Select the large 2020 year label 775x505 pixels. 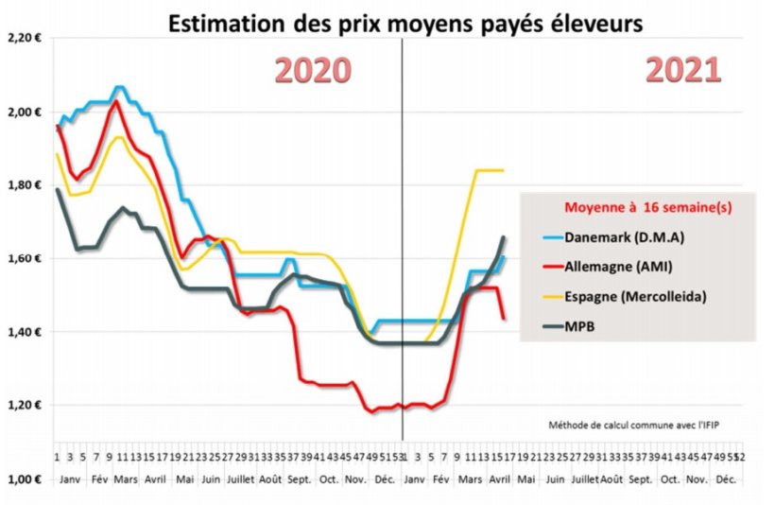click(312, 71)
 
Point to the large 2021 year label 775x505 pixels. click(683, 71)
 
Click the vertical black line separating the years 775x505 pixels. click(403, 236)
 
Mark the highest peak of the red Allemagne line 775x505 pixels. click(115, 100)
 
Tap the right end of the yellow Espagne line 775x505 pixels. click(503, 170)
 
